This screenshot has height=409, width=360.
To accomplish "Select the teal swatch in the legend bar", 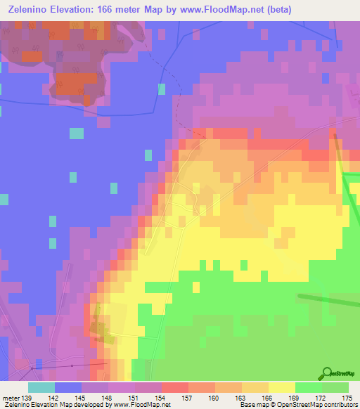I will [41, 387].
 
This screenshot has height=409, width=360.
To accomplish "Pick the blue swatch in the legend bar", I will [68, 387].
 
